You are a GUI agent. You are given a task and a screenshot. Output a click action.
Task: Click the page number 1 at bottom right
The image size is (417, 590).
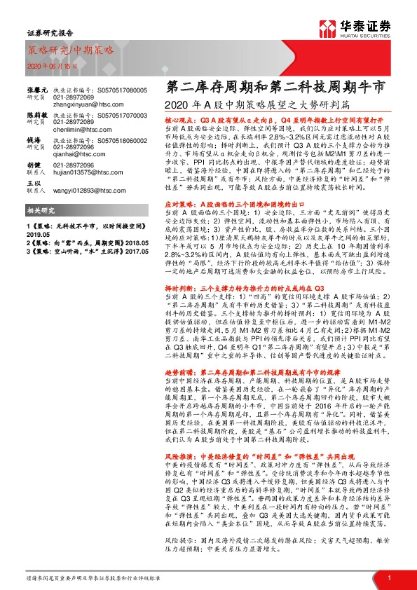pos(388,577)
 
